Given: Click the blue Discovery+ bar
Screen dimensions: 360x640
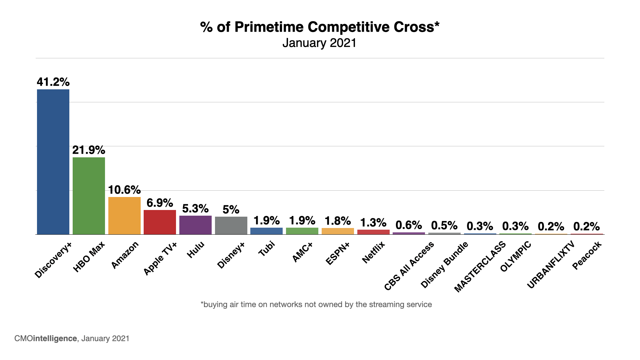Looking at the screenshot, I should [x=53, y=162].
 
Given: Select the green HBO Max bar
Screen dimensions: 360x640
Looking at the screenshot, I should [x=89, y=196].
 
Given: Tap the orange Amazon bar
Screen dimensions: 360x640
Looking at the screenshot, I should [x=124, y=216].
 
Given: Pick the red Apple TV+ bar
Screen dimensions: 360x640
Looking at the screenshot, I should [x=160, y=222].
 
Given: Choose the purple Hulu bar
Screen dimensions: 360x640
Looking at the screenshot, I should [x=195, y=225].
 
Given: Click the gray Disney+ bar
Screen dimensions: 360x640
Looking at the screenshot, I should [x=231, y=225].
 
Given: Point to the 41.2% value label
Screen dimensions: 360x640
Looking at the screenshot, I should [x=53, y=82].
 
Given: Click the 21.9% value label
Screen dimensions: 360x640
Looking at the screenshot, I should [x=89, y=150].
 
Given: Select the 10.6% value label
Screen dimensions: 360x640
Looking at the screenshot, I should [x=124, y=190].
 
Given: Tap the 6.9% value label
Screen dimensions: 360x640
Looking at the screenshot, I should [x=160, y=203].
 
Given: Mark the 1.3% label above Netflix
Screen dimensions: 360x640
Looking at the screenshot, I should [x=373, y=223].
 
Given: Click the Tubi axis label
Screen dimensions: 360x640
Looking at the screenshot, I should [x=267, y=249].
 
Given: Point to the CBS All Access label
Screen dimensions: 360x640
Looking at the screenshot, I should [x=409, y=266].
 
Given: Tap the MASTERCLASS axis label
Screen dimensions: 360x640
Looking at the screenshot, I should [x=480, y=267].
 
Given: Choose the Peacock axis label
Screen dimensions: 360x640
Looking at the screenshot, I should [x=587, y=256].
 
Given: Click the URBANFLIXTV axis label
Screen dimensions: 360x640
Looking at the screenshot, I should [x=551, y=265].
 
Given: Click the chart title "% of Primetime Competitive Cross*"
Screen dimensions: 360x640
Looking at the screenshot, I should [x=320, y=27].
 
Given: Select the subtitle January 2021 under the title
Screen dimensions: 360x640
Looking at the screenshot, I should [x=319, y=43].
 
